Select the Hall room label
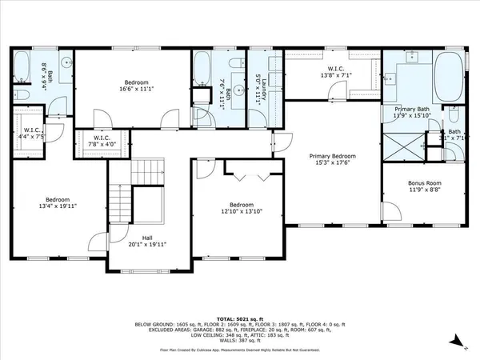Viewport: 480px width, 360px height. (x=146, y=238)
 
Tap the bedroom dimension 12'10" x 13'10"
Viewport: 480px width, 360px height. (x=241, y=211)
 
